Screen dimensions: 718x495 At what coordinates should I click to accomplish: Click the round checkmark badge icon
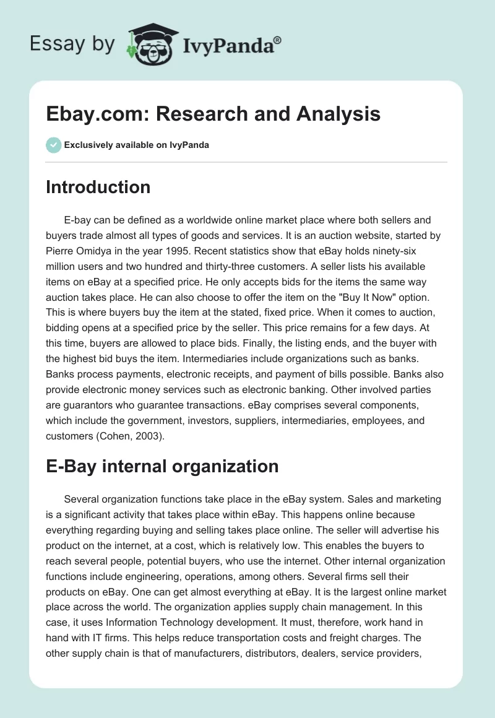(x=53, y=145)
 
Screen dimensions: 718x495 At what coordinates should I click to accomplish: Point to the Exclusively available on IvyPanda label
(x=136, y=145)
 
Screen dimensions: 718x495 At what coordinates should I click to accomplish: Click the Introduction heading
(x=98, y=187)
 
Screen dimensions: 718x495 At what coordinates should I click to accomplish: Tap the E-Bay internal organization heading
(x=162, y=466)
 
